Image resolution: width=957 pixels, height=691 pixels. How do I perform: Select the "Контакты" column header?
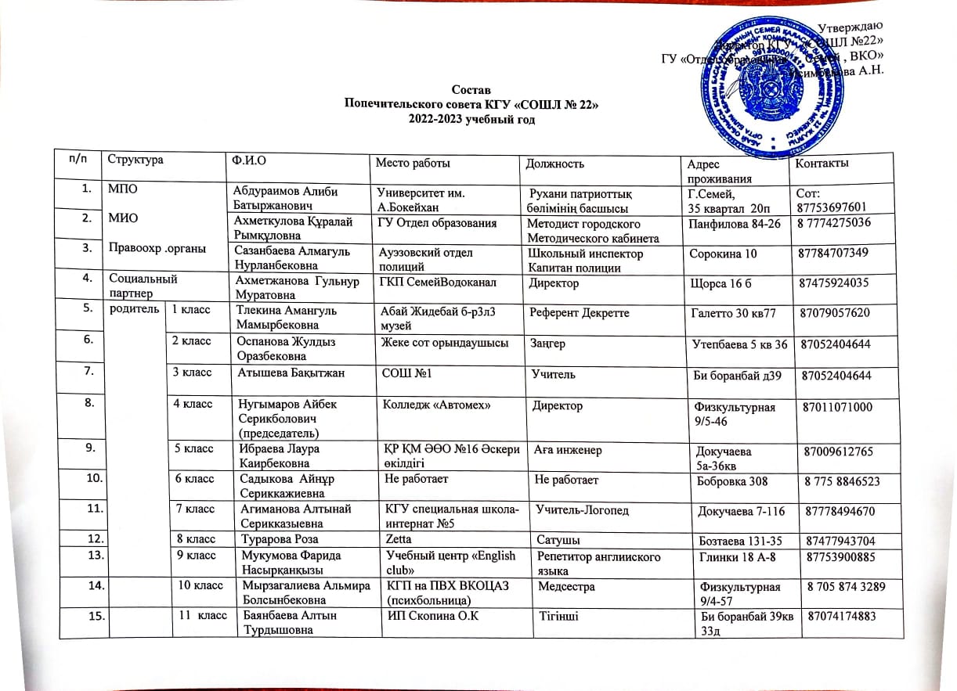822,164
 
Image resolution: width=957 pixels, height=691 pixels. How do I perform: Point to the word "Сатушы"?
557,538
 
